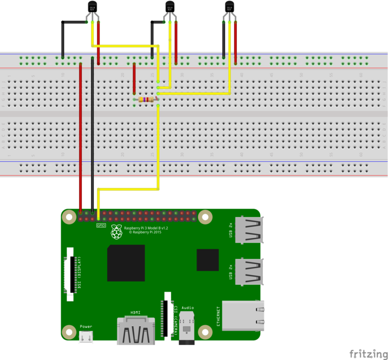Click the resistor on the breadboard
(x=146, y=100)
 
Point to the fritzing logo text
(x=367, y=352)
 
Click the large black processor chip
(x=126, y=263)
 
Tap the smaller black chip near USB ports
(x=208, y=260)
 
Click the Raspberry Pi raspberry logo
(x=117, y=232)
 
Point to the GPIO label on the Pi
(x=101, y=226)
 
